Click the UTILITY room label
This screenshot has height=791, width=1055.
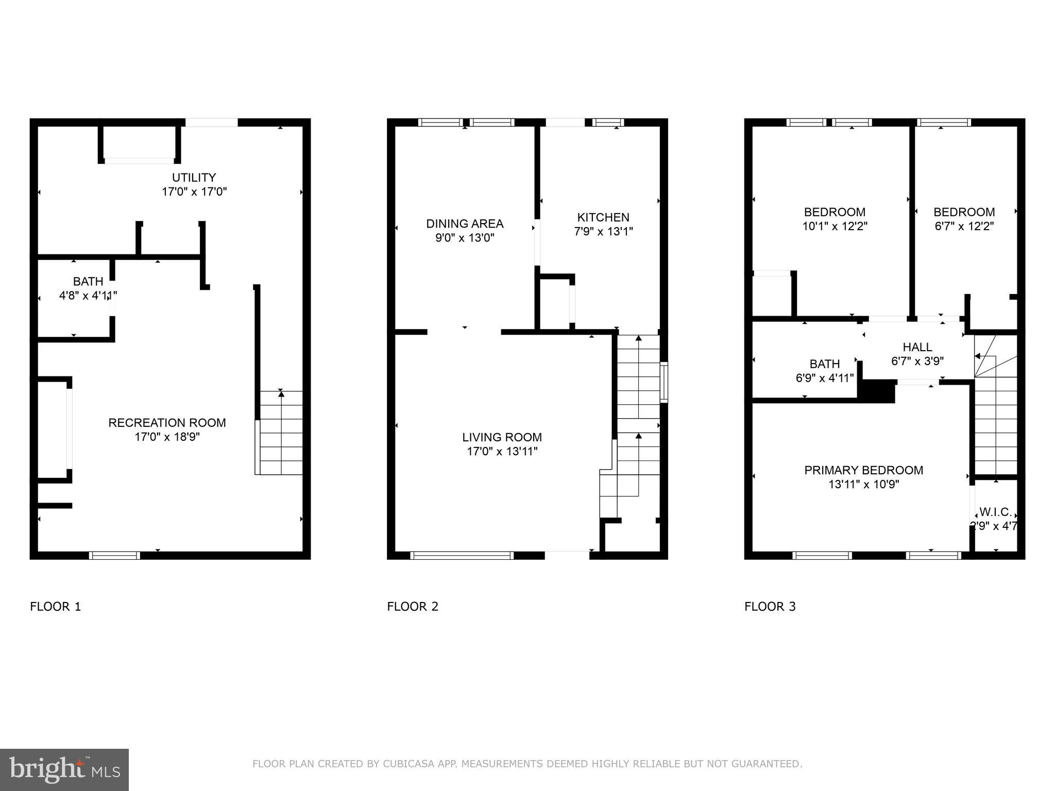(194, 178)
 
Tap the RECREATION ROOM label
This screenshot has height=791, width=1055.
(167, 423)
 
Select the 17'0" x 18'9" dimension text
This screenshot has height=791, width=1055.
(167, 437)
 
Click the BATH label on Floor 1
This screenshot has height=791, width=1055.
(88, 282)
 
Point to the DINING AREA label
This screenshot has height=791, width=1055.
(465, 223)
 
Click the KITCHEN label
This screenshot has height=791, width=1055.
(603, 217)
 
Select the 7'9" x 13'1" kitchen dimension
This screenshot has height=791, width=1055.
(603, 232)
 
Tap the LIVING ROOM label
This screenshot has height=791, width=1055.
(502, 437)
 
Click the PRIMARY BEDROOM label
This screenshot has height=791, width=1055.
(864, 470)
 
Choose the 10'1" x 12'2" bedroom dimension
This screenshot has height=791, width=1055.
(835, 226)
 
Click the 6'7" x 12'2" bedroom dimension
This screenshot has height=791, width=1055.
(964, 226)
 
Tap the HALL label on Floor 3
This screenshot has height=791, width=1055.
(917, 347)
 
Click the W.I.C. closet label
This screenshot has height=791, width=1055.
(995, 512)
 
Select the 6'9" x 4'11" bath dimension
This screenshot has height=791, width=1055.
(825, 378)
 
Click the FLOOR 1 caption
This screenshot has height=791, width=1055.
(56, 607)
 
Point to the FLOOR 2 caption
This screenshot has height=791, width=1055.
(413, 607)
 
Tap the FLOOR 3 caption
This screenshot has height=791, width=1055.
(770, 607)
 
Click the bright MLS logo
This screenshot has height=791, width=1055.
(64, 769)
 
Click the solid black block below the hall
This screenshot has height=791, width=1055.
(878, 391)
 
